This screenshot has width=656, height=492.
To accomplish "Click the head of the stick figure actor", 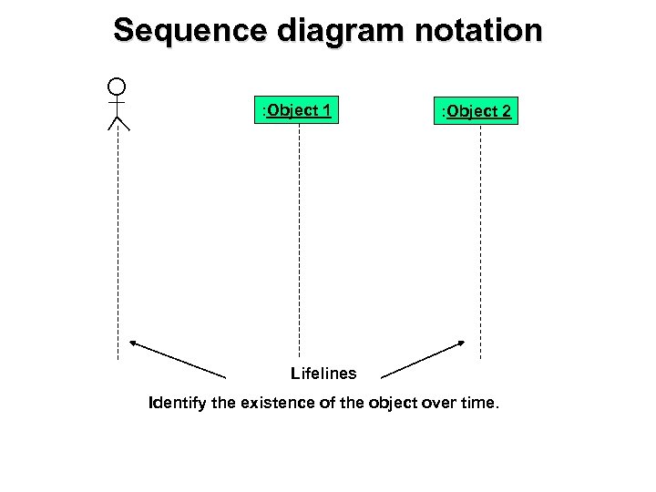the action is point(117,87).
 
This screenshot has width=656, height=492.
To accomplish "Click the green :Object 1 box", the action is point(296,110).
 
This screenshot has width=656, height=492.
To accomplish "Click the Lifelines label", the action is point(323,373).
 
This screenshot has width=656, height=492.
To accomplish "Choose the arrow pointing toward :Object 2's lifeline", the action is point(423,359).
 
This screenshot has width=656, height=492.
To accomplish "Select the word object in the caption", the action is point(392,403).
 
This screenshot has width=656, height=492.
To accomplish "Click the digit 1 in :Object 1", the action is point(325,110).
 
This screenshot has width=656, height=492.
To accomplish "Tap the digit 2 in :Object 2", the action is point(506,111).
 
